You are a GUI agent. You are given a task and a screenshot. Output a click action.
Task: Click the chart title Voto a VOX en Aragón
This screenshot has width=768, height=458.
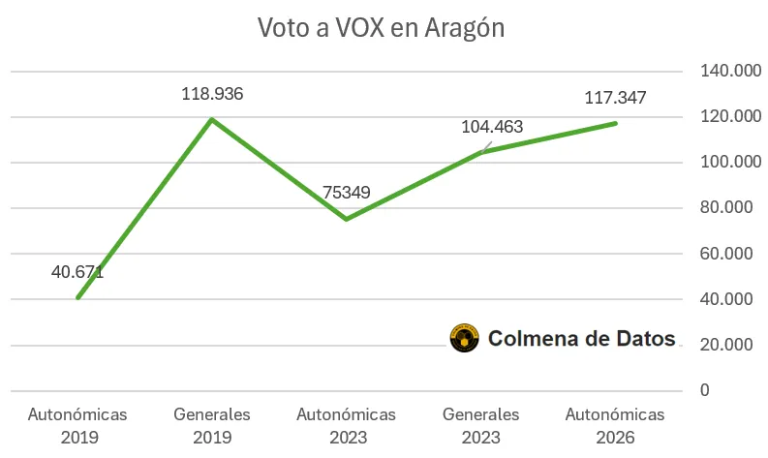point(382,27)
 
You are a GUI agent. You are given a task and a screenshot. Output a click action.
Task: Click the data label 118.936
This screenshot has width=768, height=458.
point(212,94)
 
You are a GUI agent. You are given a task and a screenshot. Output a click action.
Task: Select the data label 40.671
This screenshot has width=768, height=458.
point(77,272)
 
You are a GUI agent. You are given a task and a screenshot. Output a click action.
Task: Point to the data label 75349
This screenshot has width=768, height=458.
point(346,193)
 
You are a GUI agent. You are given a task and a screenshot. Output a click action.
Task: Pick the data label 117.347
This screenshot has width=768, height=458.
point(615,98)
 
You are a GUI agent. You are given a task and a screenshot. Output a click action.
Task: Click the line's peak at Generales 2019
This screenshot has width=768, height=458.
point(212,119)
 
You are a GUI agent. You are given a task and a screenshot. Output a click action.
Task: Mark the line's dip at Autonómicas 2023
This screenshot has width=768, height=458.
point(346,219)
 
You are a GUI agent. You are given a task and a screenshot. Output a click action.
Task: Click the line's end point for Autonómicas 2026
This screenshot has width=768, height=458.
point(615,123)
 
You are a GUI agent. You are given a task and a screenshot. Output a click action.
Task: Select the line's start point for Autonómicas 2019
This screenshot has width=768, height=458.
point(77,297)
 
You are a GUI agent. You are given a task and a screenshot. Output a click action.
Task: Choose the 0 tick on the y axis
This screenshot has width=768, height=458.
point(705,390)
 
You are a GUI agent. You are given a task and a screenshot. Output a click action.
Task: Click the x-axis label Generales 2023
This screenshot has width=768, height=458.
point(480,425)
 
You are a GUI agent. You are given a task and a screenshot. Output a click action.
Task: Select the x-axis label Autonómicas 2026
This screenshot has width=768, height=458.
point(615,425)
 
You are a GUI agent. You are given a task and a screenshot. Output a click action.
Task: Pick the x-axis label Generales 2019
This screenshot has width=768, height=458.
point(212,425)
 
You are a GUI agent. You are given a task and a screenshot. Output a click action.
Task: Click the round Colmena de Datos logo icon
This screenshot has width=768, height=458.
point(464,338)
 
